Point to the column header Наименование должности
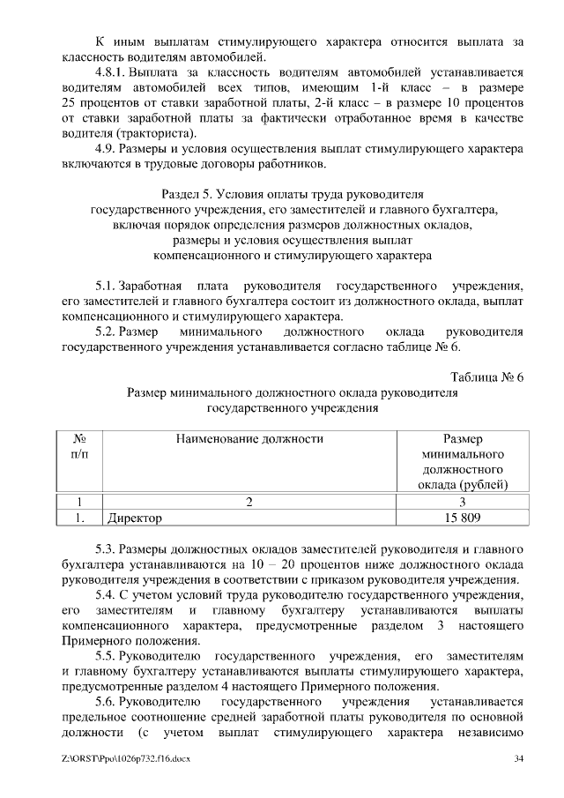click(x=249, y=438)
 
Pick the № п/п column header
click(x=79, y=445)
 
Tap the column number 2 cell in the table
click(x=249, y=502)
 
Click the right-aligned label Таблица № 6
click(x=486, y=377)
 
